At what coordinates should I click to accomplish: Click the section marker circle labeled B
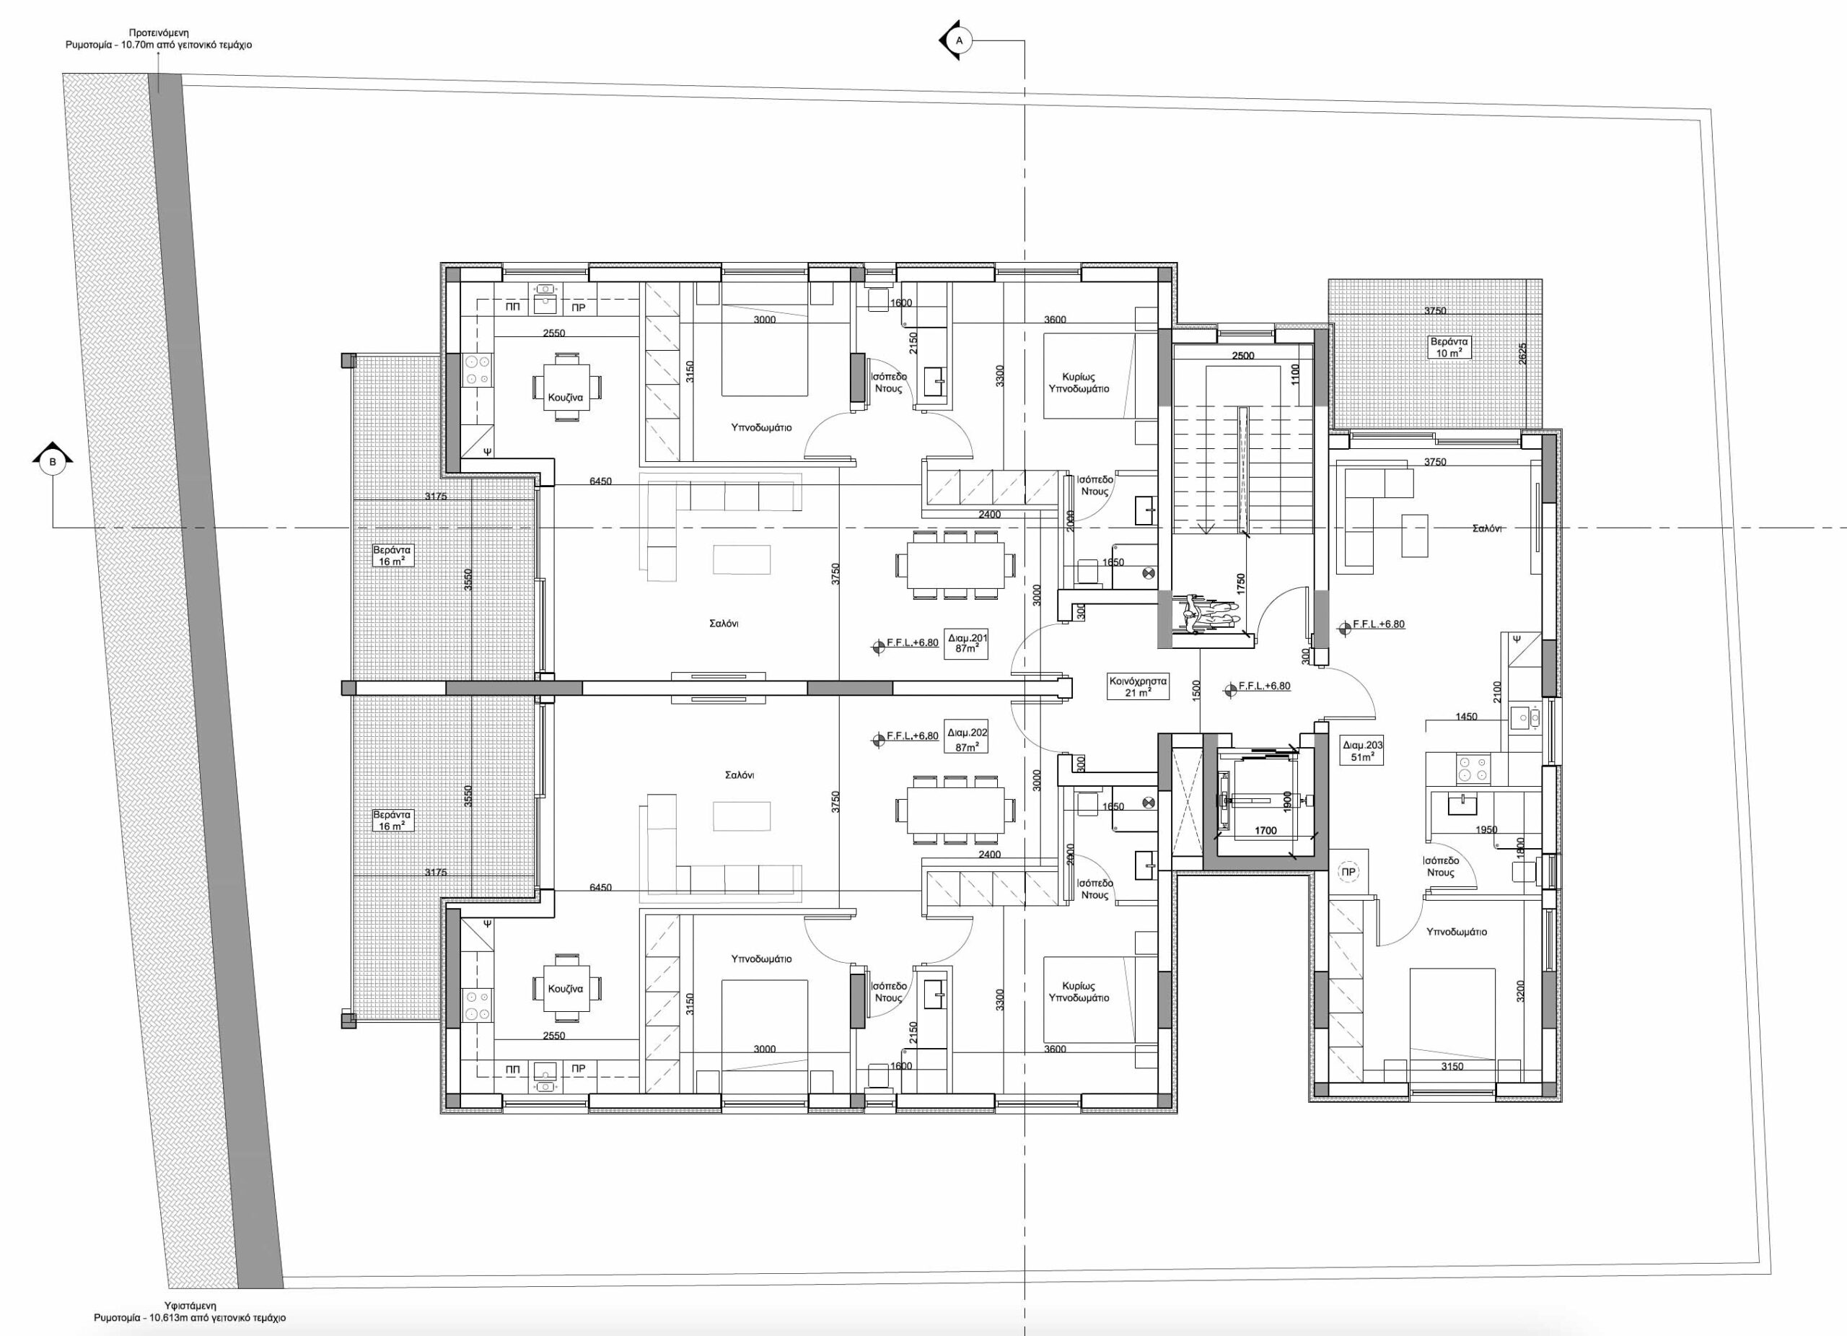[53, 462]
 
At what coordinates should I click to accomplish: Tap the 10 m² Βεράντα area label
[1449, 348]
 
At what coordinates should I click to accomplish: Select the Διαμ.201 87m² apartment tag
[967, 644]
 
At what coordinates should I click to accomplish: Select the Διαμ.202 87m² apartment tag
[967, 738]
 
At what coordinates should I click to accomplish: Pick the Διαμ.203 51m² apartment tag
[1361, 750]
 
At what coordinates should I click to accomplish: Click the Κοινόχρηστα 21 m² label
[1138, 686]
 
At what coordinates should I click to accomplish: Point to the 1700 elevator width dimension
[1265, 830]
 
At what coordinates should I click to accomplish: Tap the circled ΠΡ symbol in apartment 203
[1348, 872]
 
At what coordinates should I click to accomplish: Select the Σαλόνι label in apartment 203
[1487, 528]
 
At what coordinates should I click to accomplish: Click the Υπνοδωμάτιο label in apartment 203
[1456, 932]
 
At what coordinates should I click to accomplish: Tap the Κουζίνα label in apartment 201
[565, 398]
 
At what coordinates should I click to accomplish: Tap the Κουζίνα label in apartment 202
[565, 989]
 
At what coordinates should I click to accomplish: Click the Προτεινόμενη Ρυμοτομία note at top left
[159, 39]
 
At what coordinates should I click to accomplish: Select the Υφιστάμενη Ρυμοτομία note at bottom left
[189, 1311]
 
